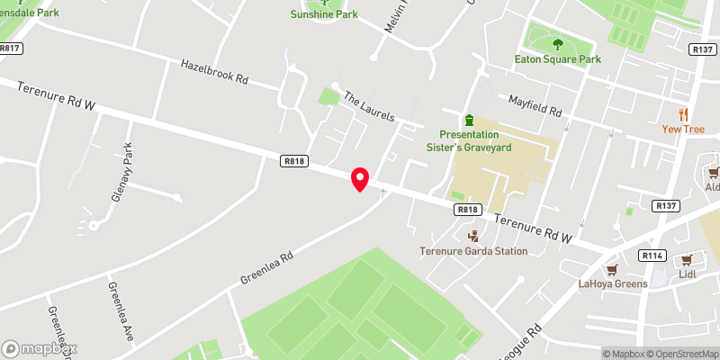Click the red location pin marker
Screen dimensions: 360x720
pyautogui.click(x=360, y=178)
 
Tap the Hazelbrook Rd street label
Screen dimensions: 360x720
pyautogui.click(x=214, y=72)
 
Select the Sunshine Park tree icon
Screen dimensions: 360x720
pyautogui.click(x=325, y=3)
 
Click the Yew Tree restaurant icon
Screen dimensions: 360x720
pyautogui.click(x=683, y=113)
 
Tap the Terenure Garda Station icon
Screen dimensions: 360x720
pyautogui.click(x=472, y=236)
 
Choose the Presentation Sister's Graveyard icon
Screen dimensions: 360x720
pyautogui.click(x=469, y=120)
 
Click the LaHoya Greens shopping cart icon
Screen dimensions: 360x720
pyautogui.click(x=612, y=269)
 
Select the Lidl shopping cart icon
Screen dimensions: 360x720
pyautogui.click(x=689, y=258)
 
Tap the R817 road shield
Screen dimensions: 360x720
pyautogui.click(x=11, y=49)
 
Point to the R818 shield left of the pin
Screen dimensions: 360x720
pyautogui.click(x=293, y=161)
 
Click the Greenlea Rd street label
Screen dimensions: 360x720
pyautogui.click(x=267, y=268)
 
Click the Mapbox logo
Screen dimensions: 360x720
pyautogui.click(x=40, y=348)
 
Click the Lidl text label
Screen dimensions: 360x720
pyautogui.click(x=689, y=274)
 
